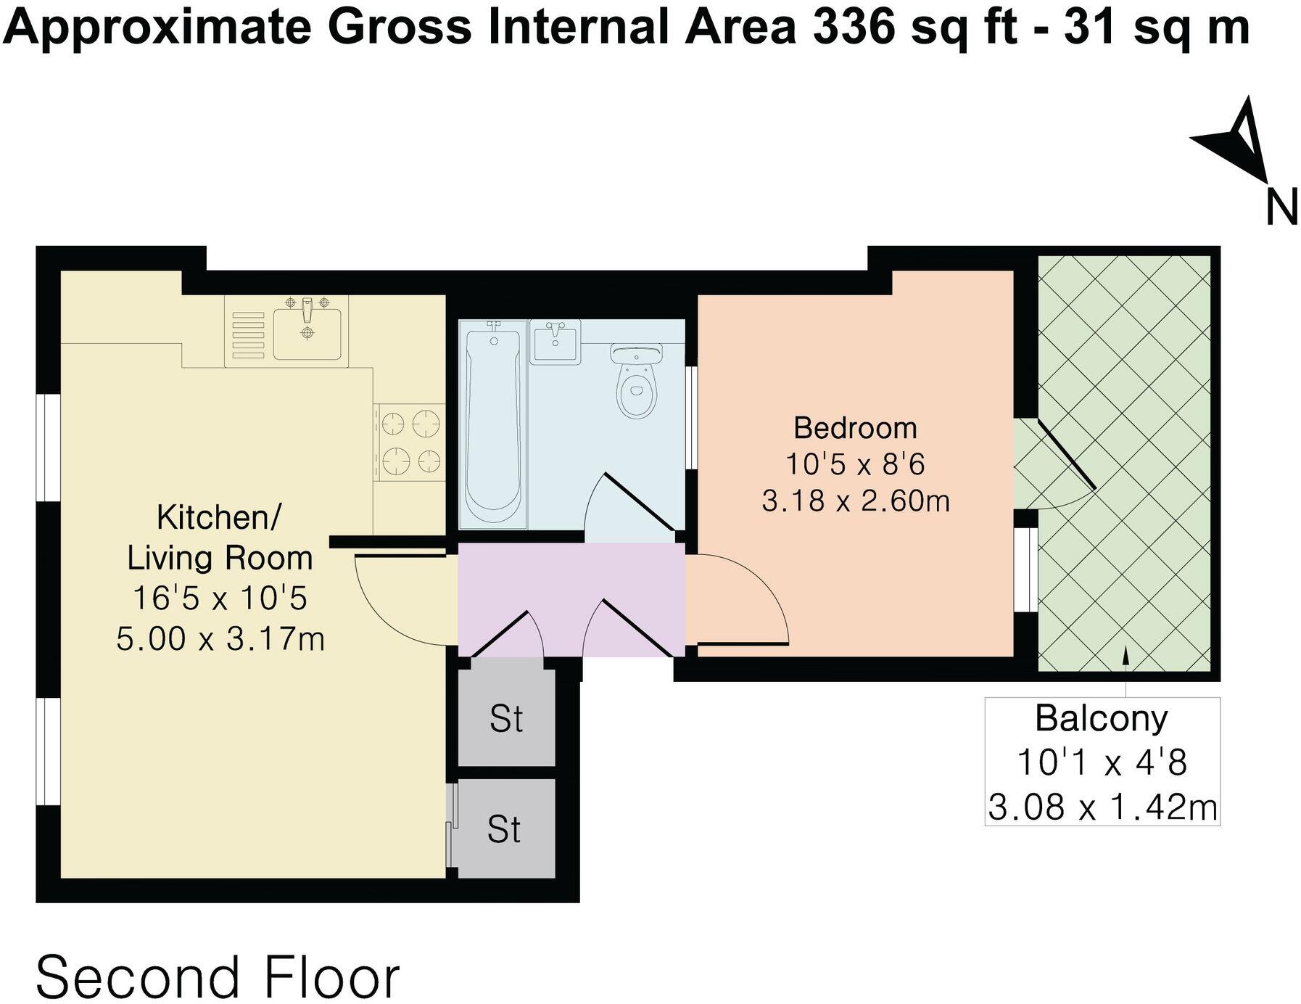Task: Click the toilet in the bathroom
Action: click(637, 382)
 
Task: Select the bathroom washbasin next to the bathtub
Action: click(555, 342)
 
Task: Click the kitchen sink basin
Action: click(307, 332)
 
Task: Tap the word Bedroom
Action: click(855, 428)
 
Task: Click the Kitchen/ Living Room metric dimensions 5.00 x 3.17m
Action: click(220, 639)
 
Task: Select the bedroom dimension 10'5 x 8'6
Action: click(855, 464)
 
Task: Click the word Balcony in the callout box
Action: click(1101, 718)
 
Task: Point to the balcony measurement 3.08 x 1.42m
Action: click(1102, 807)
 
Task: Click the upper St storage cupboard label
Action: click(505, 719)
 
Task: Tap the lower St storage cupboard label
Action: click(504, 829)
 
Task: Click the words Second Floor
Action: click(218, 977)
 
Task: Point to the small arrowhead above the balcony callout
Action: click(1126, 654)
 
